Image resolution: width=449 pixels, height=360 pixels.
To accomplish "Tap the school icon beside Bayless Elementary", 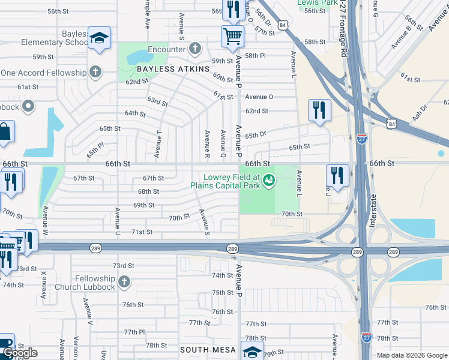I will coord(98,38).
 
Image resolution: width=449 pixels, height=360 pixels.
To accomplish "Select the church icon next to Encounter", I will coord(194,48).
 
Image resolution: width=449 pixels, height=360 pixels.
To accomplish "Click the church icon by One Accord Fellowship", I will coord(95,73).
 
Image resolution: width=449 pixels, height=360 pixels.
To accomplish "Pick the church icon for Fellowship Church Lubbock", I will coord(124,281).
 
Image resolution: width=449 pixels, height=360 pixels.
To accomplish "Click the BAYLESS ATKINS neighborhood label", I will coord(173,69).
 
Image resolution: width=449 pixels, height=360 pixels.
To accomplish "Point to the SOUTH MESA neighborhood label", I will coord(208,348).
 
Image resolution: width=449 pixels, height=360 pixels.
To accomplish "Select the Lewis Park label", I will coord(317,3).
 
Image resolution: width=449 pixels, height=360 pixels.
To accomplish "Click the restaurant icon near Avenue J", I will coord(337,175).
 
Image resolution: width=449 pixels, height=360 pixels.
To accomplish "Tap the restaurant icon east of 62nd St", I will coord(319,110).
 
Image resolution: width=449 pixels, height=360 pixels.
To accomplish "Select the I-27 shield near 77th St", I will coord(366,337).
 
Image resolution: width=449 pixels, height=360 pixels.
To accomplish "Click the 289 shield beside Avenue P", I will coord(232,249).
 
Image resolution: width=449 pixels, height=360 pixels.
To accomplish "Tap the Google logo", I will coord(20,353).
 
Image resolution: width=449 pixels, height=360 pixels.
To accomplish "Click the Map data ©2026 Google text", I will coord(412,355).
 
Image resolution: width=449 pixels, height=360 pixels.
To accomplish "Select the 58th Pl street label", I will coord(255,56).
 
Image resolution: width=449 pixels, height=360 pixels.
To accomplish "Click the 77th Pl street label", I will coord(134,332).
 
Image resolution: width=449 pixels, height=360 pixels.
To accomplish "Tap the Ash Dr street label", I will coord(420,113).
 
